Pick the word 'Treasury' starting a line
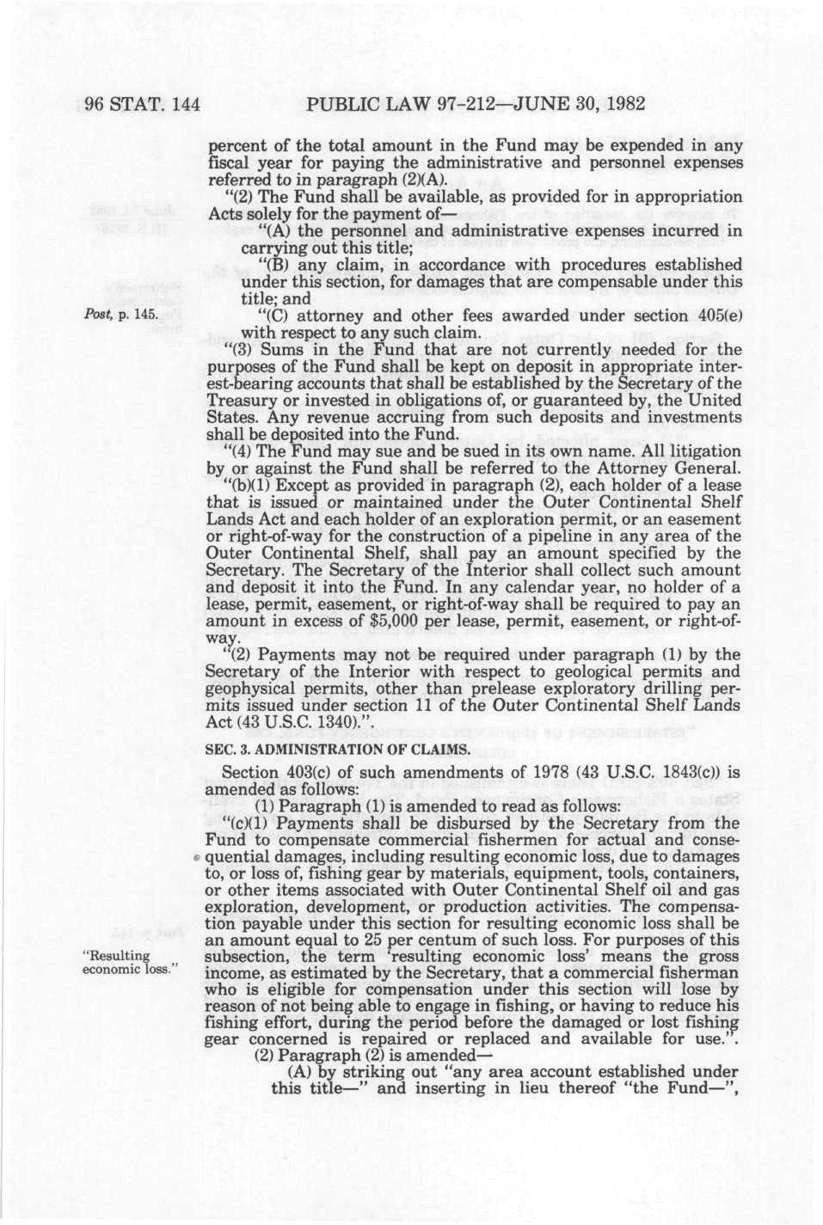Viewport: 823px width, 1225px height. tap(241, 400)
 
